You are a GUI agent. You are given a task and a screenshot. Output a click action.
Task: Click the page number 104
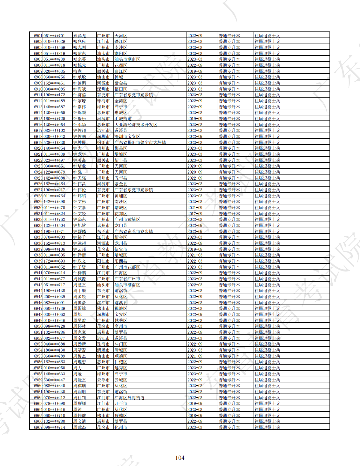point(180,458)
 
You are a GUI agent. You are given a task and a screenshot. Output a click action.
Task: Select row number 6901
point(38,36)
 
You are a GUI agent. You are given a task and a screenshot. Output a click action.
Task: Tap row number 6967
point(38,427)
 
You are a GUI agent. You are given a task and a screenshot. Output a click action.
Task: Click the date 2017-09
point(195,214)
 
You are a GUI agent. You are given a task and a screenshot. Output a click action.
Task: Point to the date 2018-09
point(195,415)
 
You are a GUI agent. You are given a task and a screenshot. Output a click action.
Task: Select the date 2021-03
point(195,255)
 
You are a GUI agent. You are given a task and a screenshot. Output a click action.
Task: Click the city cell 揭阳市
point(103,142)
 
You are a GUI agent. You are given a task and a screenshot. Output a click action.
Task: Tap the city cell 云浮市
point(103,380)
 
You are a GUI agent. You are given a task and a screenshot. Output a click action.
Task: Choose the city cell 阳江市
point(103,261)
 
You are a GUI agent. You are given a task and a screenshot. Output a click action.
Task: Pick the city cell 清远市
point(103,350)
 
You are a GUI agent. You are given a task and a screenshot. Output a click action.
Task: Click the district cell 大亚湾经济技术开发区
point(136,125)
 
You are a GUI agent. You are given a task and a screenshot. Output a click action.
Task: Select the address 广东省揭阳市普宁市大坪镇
point(140,142)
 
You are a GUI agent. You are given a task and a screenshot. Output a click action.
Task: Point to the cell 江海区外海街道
point(129,398)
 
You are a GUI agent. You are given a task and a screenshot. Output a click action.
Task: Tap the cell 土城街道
point(123,119)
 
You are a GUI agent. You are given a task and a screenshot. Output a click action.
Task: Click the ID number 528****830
point(54,142)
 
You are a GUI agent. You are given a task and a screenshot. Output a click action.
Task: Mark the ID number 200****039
point(54,297)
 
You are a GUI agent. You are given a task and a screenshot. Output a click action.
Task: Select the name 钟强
point(77,172)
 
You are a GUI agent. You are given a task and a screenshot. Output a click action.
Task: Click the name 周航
point(77,314)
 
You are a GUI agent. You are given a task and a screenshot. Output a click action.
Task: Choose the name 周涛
point(77,409)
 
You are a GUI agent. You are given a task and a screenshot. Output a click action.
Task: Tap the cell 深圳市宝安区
point(127,136)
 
